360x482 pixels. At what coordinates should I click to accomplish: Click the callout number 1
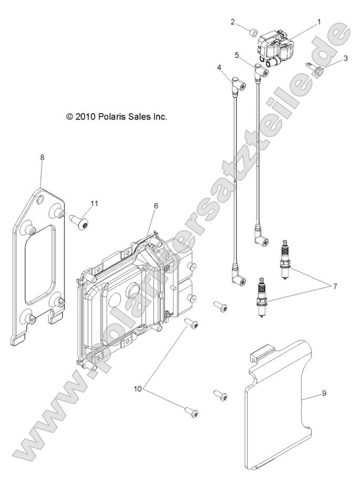[319, 22]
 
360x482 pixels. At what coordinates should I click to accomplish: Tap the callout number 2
[233, 22]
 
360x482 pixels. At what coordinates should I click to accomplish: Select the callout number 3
[346, 58]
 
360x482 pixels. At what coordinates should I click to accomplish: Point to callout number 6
[156, 206]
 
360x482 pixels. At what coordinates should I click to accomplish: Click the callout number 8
[42, 157]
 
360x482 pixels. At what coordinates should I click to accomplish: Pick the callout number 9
[324, 393]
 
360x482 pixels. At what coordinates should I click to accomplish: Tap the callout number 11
[94, 203]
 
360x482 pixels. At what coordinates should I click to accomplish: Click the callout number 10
[137, 389]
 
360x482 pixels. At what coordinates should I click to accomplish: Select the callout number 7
[335, 286]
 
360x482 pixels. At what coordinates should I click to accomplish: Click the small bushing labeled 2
[253, 32]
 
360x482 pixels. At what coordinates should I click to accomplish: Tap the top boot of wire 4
[238, 83]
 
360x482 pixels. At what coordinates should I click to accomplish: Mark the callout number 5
[245, 55]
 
